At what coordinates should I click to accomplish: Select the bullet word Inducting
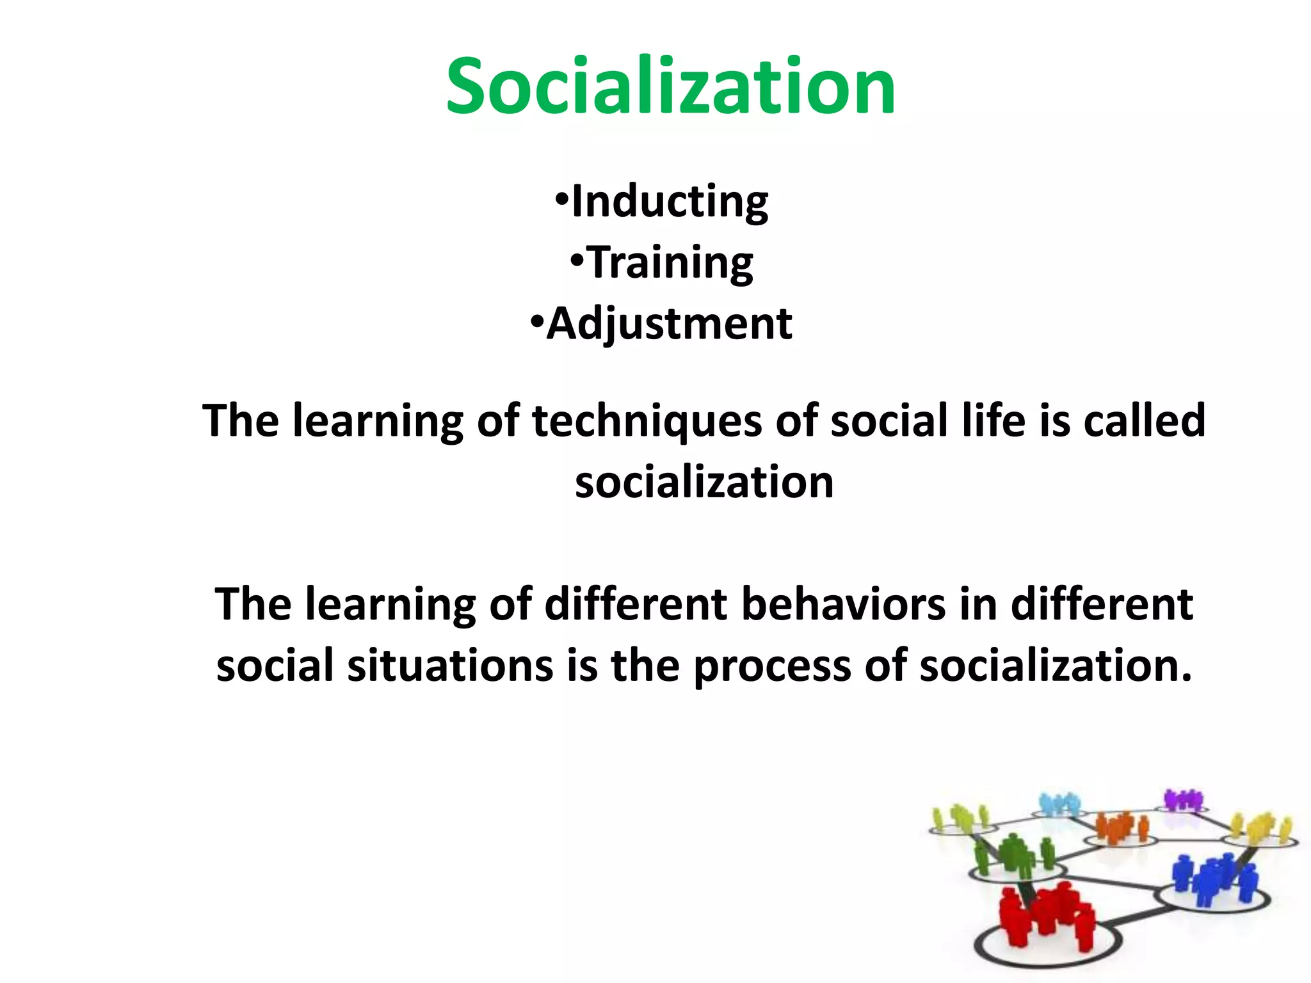[670, 202]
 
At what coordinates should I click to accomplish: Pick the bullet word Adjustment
[669, 324]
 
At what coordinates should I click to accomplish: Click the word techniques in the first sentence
[647, 422]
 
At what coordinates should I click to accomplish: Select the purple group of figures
[1183, 800]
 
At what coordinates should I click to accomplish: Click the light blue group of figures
[1059, 804]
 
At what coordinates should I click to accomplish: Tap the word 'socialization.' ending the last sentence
[1056, 666]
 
